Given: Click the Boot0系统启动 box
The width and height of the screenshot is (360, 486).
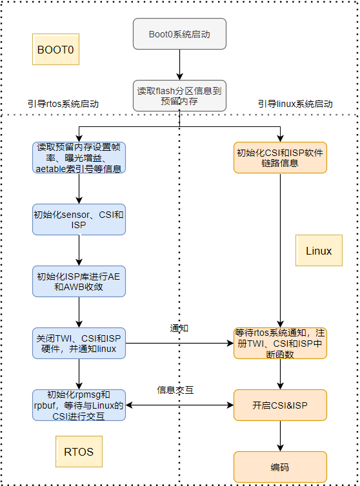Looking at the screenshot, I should click(180, 34).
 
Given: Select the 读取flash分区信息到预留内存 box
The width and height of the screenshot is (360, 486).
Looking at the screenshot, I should click(180, 95).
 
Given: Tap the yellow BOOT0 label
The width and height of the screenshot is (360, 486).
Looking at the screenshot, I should click(55, 50).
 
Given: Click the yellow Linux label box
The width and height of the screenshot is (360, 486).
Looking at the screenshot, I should click(319, 251).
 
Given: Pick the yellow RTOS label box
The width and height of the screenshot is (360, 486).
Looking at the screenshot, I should click(79, 452).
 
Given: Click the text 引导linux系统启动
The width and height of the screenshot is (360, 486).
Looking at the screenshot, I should click(295, 104).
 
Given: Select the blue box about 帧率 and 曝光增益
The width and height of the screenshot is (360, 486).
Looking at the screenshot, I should click(79, 157).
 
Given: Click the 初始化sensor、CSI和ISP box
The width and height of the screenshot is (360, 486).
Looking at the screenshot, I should click(79, 219).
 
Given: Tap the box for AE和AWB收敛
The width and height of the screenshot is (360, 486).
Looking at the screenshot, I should click(79, 282).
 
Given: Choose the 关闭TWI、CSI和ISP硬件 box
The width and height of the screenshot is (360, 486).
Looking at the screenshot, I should click(79, 344).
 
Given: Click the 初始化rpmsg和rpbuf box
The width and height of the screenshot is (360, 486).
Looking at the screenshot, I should click(79, 405).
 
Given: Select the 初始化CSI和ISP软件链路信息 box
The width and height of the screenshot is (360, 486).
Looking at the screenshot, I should click(280, 157).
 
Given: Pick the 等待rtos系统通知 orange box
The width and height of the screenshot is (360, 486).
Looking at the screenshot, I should click(280, 344).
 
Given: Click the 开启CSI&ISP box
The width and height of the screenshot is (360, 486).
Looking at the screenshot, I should click(280, 405).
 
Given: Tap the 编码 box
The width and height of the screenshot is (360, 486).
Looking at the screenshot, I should click(280, 467).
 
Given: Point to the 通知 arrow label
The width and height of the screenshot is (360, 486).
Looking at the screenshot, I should click(179, 329).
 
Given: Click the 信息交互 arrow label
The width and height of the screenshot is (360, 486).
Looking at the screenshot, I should click(175, 390).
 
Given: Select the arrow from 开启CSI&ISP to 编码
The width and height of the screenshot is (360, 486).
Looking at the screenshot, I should click(280, 436).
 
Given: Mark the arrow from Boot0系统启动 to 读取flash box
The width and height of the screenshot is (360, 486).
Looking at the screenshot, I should click(180, 64).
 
